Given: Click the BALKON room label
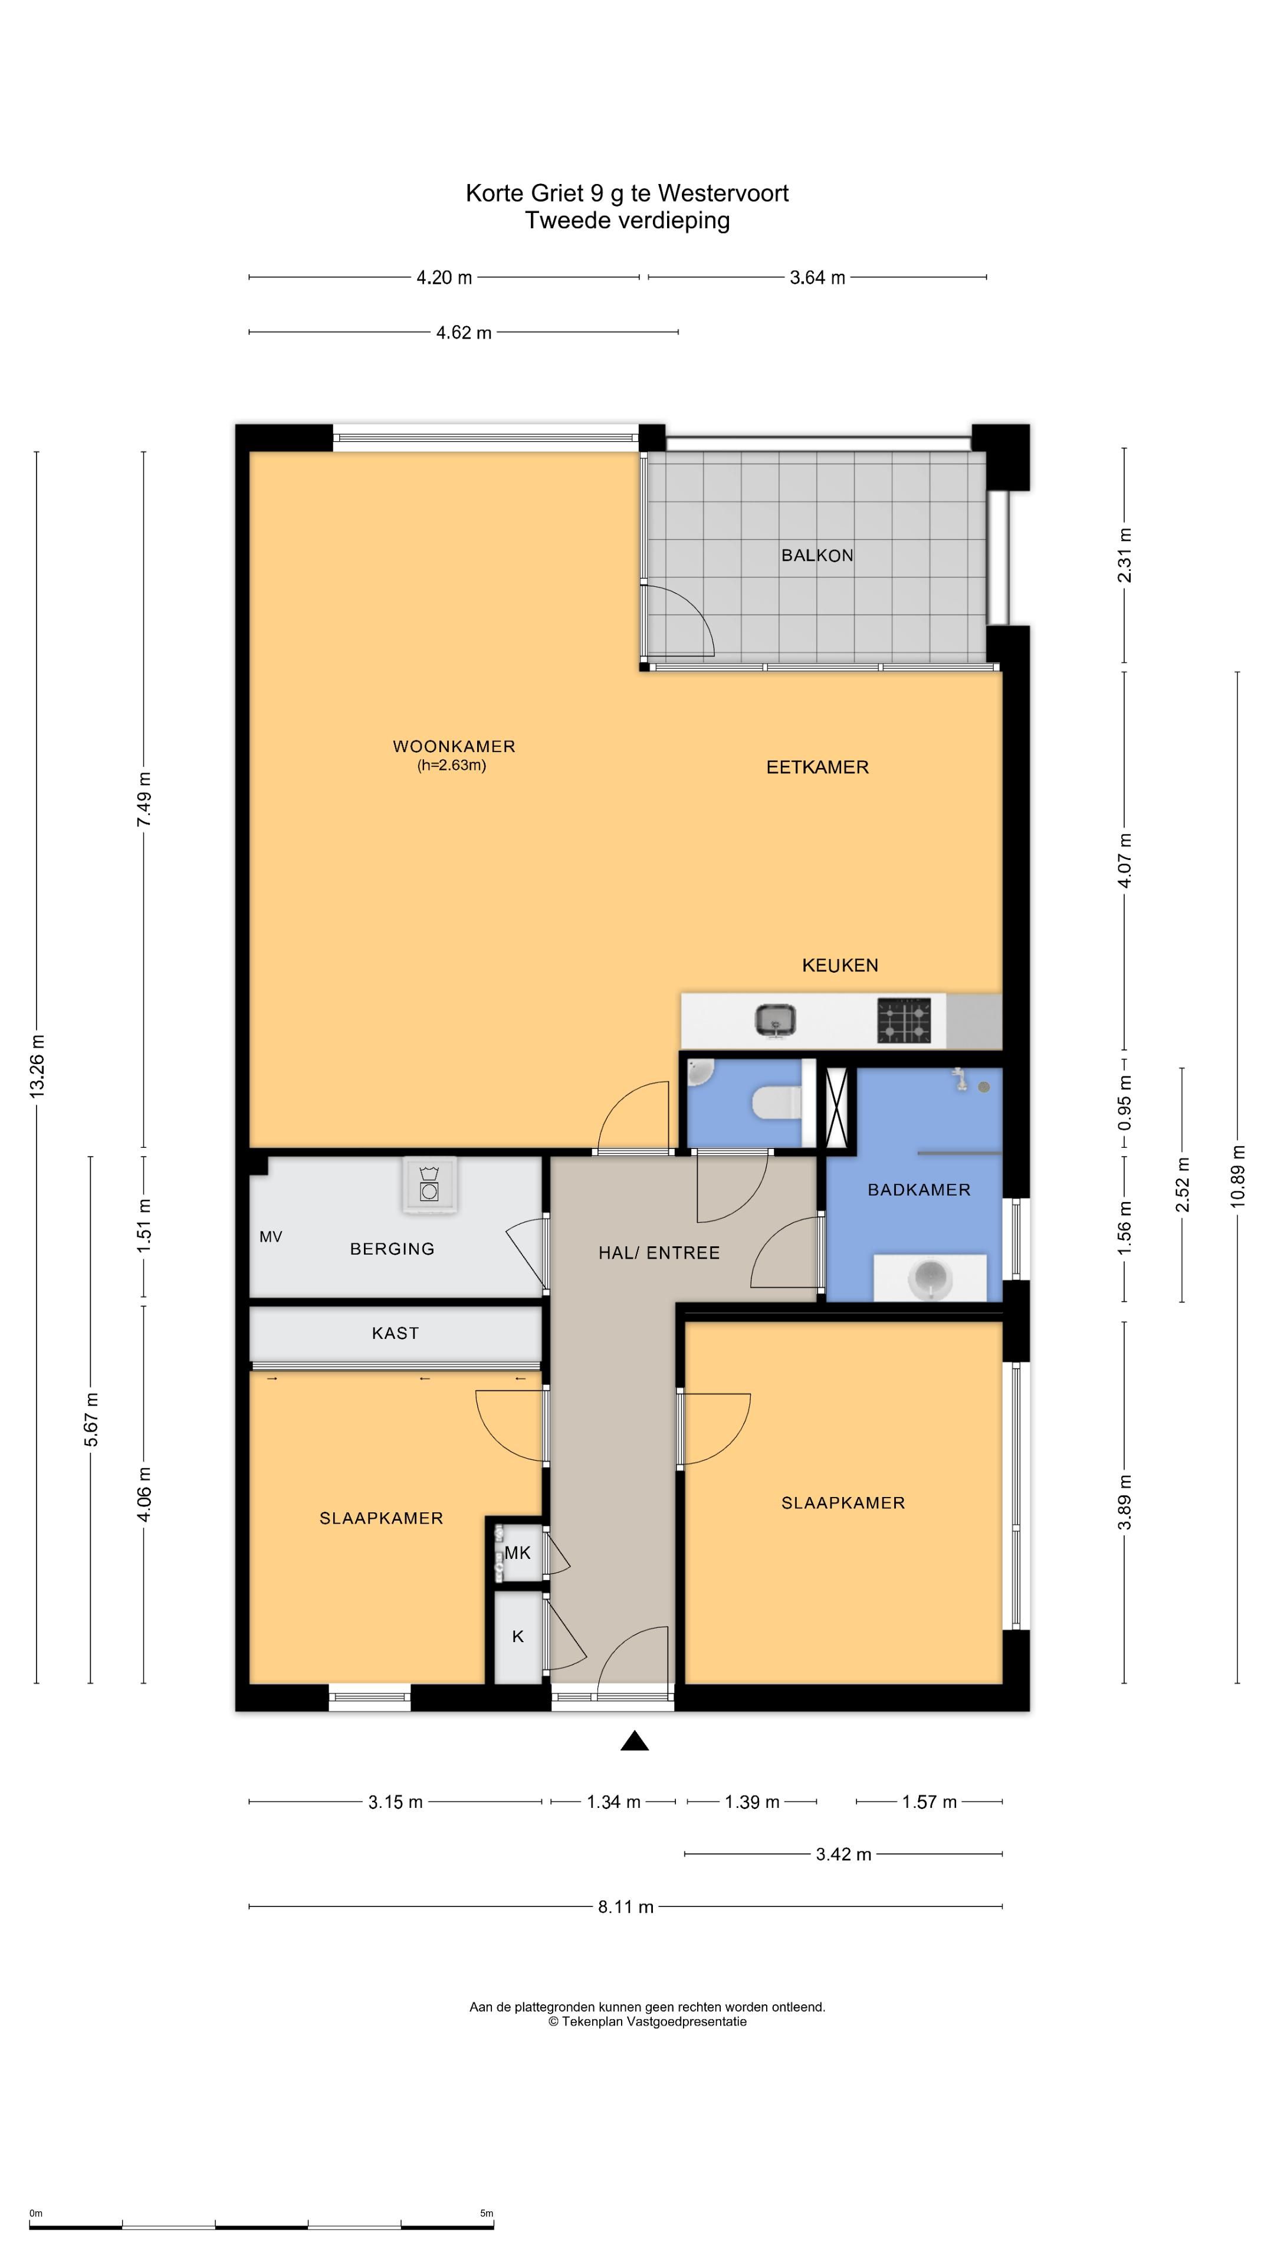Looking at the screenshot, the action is point(817,555).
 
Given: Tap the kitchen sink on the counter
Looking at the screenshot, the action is point(776,1020).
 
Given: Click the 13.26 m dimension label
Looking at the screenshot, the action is point(37,1065).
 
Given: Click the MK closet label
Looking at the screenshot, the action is point(517,1553).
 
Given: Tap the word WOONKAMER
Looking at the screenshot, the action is point(454,747).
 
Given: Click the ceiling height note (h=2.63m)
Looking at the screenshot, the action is point(452,765).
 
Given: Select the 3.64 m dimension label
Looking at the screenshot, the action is point(817,278).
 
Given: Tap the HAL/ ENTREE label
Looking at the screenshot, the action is point(659,1253).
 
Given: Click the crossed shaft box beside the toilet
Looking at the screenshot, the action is point(837,1104).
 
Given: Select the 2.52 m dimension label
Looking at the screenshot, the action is point(1183,1184).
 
